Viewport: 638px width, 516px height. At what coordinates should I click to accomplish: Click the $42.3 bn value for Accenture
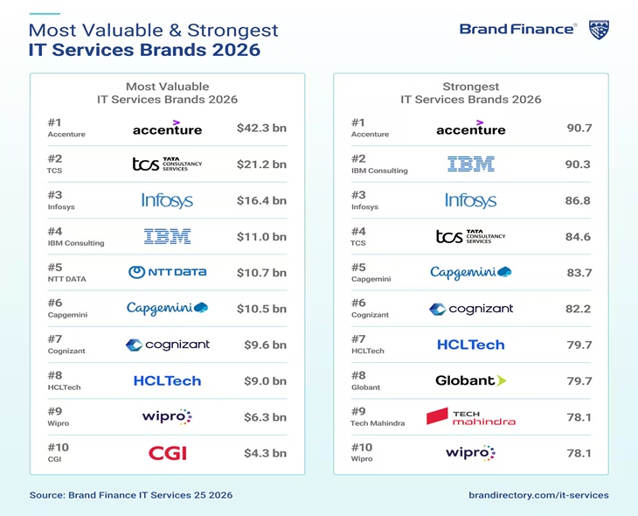(261, 129)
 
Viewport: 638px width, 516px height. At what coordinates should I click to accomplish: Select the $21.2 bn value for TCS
(261, 164)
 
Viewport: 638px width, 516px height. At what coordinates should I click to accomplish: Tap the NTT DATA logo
(168, 272)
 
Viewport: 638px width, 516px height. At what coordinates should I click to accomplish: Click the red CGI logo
(168, 453)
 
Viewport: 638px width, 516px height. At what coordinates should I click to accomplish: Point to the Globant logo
(470, 380)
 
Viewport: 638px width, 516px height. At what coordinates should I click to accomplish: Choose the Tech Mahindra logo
(470, 417)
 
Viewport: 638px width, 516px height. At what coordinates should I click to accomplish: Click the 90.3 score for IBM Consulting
(578, 164)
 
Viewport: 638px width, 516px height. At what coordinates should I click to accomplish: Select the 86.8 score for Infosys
(578, 200)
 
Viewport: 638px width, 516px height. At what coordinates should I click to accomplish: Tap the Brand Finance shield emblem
(599, 30)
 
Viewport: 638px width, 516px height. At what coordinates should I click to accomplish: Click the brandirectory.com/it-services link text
(538, 495)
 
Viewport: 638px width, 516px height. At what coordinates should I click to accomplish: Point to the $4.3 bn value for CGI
(265, 453)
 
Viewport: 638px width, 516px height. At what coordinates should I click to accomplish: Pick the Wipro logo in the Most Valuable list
(167, 416)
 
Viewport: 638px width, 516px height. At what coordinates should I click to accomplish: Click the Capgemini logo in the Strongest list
(470, 273)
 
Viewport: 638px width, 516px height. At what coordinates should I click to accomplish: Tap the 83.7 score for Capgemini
(579, 273)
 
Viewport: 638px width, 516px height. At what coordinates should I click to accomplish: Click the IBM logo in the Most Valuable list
(167, 236)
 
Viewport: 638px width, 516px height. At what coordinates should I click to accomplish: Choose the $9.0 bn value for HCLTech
(265, 381)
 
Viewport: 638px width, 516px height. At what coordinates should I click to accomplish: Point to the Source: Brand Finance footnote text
(131, 495)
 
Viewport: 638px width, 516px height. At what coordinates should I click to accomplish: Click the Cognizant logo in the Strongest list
(470, 309)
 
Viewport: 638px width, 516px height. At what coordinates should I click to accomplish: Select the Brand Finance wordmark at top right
(517, 30)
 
